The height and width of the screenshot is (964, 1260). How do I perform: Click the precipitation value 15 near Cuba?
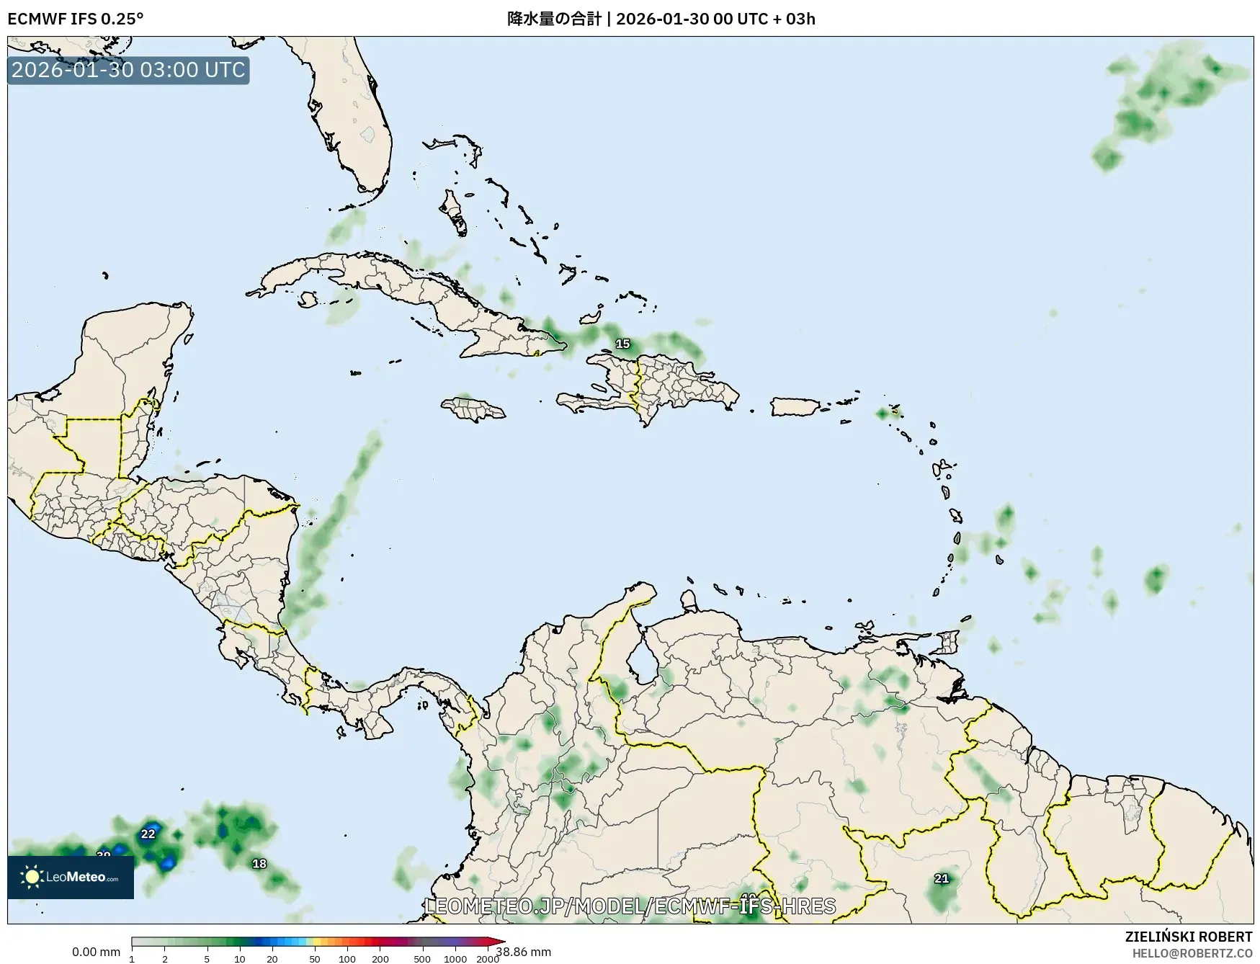click(622, 344)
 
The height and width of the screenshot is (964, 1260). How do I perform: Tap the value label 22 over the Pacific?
click(148, 834)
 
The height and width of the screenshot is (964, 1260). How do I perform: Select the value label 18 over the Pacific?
click(259, 863)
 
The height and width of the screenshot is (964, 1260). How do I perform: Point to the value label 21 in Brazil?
click(941, 878)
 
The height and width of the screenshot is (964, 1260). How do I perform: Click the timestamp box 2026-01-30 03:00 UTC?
click(128, 70)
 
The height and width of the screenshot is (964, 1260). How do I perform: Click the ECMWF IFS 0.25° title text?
click(75, 19)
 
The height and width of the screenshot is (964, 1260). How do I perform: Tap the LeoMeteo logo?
click(71, 877)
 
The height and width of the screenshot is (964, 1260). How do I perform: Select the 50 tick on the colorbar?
click(315, 958)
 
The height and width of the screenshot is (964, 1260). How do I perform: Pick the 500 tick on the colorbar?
click(422, 958)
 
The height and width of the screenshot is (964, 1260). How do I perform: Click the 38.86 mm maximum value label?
click(524, 952)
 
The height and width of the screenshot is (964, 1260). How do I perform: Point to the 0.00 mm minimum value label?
click(96, 952)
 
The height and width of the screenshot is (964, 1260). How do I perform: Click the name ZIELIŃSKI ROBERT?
click(1188, 937)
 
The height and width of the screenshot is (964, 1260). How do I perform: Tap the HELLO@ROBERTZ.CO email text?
click(1192, 952)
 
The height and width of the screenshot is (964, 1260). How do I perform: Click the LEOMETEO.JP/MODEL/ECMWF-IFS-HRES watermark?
click(630, 906)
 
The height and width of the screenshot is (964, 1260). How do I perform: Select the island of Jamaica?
click(473, 409)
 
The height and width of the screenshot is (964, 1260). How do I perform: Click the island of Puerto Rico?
click(795, 406)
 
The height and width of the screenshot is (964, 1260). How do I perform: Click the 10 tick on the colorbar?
click(239, 958)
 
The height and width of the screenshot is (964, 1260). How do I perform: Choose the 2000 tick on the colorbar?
click(488, 958)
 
